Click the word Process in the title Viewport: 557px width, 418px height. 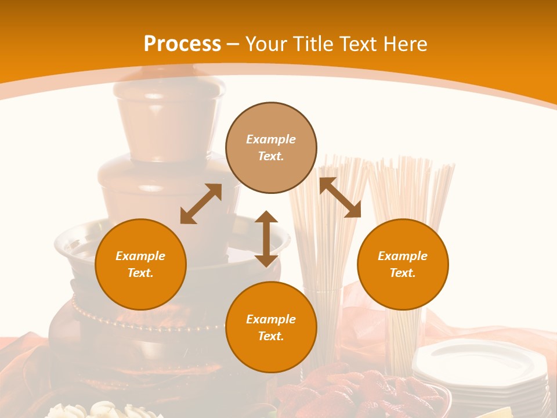pyautogui.click(x=182, y=44)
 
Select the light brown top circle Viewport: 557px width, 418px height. pyautogui.click(x=271, y=148)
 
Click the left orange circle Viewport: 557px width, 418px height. pyautogui.click(x=140, y=264)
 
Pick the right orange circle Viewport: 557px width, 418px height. pyautogui.click(x=403, y=264)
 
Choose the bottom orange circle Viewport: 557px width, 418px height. pyautogui.click(x=271, y=327)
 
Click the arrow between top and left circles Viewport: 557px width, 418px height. pyautogui.click(x=201, y=204)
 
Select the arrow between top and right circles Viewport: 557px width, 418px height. pyautogui.click(x=340, y=197)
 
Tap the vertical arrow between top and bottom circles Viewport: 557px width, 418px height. pyautogui.click(x=266, y=239)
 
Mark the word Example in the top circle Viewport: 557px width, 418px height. pyautogui.click(x=271, y=139)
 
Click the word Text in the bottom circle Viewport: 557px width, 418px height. pyautogui.click(x=270, y=336)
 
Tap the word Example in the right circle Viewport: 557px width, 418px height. pyautogui.click(x=403, y=256)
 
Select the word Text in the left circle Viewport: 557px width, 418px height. pyautogui.click(x=139, y=273)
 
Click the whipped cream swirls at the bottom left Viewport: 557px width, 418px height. pyautogui.click(x=104, y=409)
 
